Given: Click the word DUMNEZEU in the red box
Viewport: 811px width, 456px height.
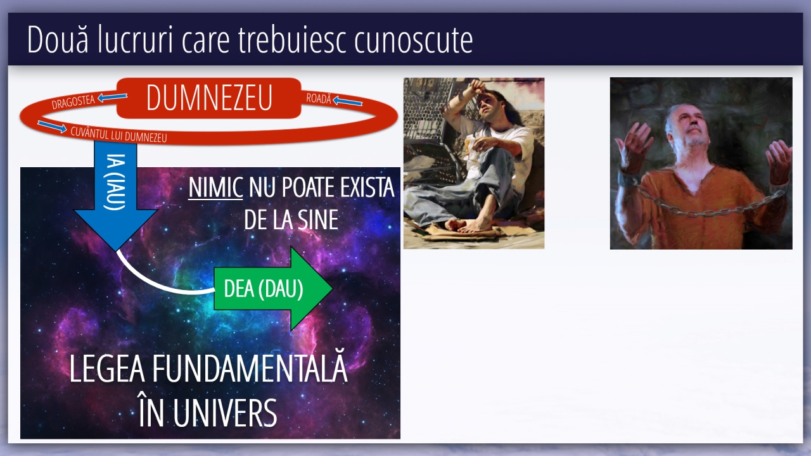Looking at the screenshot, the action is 209,98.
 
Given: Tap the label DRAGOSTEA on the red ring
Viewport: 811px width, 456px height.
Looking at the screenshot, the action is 73,102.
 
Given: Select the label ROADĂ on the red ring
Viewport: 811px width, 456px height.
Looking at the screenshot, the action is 319,98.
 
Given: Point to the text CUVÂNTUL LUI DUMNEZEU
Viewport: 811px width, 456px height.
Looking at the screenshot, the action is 118,135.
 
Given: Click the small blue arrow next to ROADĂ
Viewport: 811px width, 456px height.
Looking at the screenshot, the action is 348,101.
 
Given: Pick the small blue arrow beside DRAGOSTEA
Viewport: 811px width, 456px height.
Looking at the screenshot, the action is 113,97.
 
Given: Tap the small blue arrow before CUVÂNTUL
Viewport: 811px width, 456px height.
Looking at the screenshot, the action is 52,126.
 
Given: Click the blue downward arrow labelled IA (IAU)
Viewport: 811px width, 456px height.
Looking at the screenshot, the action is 115,196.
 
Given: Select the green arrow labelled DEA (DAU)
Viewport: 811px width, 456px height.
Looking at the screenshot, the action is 273,289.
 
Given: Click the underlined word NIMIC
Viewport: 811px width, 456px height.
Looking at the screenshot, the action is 215,187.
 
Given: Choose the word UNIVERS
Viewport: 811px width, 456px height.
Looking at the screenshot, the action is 225,413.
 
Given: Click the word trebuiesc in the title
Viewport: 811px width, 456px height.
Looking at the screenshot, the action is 291,40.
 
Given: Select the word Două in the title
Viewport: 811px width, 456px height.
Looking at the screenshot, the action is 58,39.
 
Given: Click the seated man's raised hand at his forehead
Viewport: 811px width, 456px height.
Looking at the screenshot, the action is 477,87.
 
